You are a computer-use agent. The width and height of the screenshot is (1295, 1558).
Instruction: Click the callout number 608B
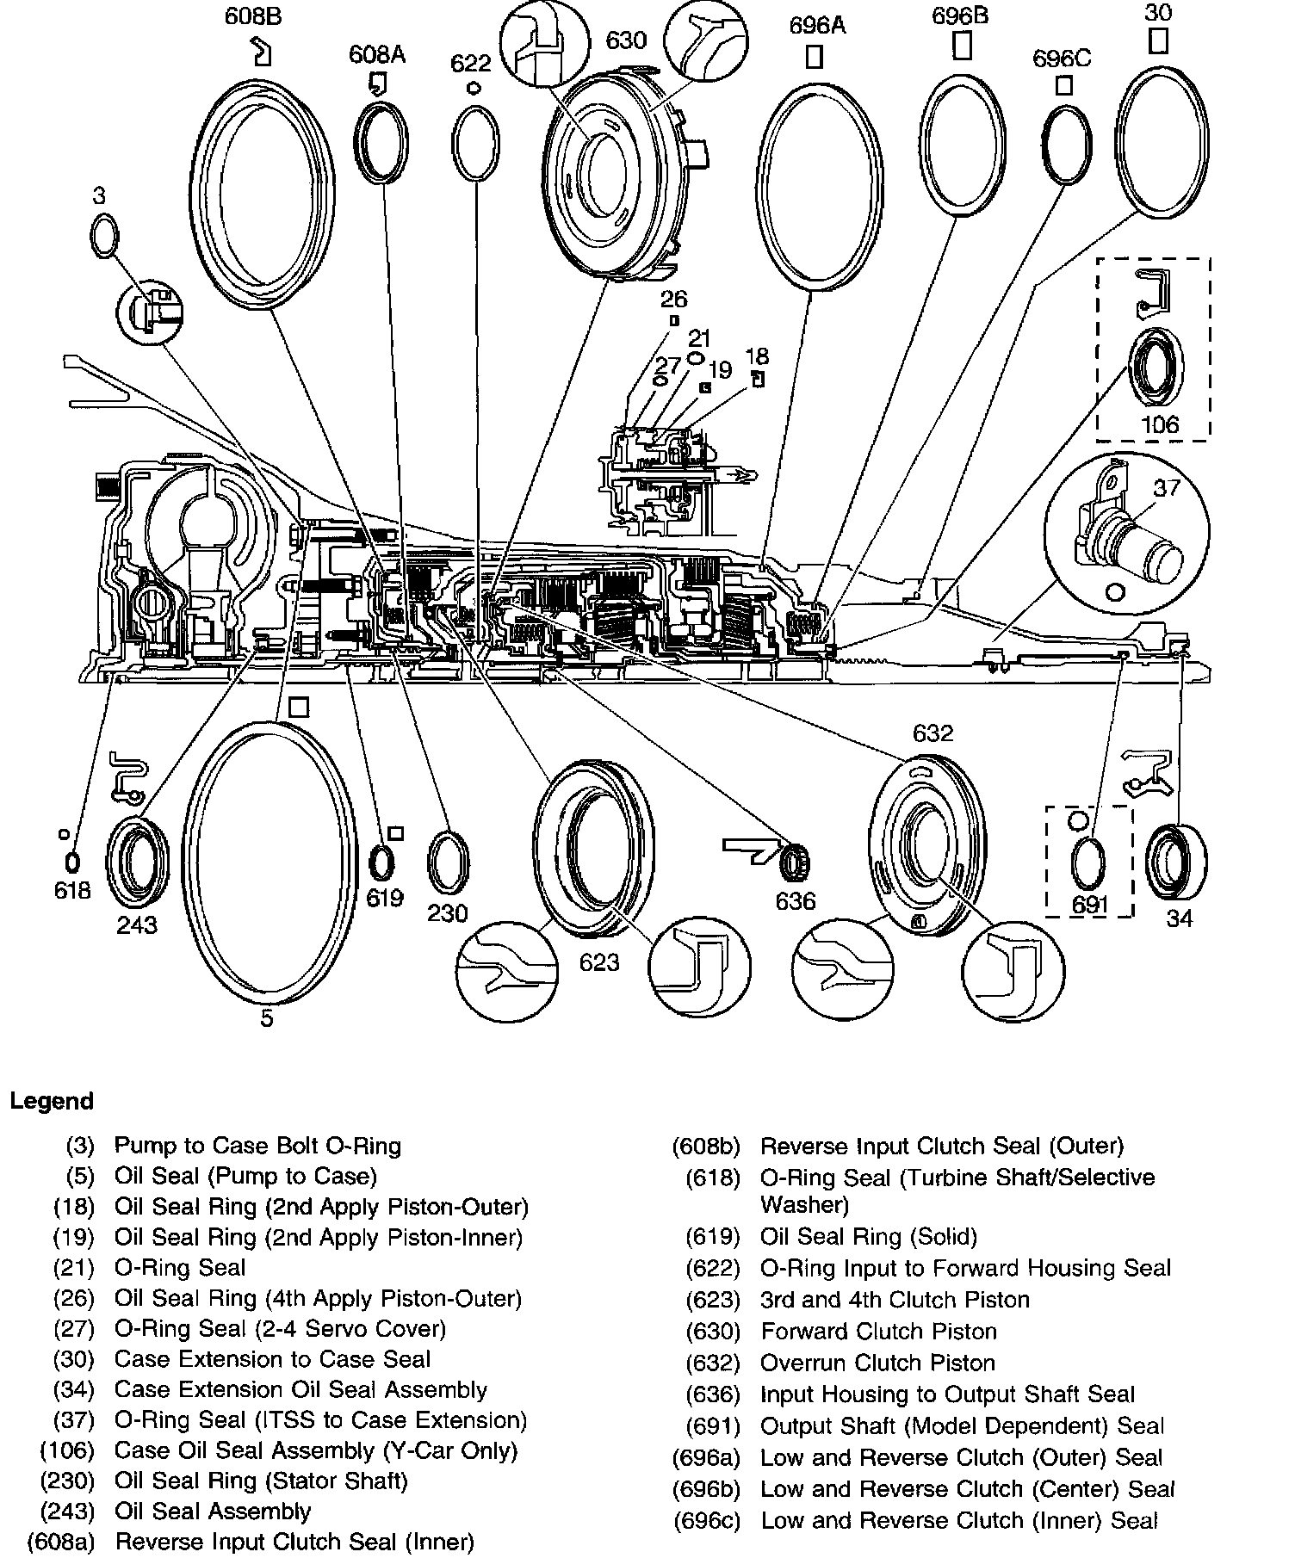tap(253, 16)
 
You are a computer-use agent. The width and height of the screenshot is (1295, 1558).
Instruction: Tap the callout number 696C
tap(1062, 59)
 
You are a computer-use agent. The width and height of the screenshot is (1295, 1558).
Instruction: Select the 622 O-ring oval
tap(475, 143)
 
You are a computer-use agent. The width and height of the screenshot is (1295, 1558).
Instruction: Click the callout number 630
tap(626, 40)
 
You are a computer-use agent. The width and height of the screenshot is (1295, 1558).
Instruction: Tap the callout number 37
tap(1167, 488)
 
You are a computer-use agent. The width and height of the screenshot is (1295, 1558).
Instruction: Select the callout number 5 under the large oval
tap(267, 1019)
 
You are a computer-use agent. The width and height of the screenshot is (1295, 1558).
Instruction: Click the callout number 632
tap(933, 733)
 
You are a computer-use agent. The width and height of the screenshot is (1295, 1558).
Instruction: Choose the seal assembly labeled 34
tap(1177, 863)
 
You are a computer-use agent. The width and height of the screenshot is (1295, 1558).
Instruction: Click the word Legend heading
tap(52, 1102)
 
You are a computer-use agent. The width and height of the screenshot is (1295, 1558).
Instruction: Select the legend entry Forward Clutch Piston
tap(878, 1332)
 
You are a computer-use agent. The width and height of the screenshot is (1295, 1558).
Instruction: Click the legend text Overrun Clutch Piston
tap(877, 1363)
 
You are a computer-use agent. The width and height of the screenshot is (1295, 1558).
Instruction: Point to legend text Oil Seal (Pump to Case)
tap(245, 1176)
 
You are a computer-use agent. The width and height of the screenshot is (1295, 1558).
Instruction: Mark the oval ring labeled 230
tap(448, 863)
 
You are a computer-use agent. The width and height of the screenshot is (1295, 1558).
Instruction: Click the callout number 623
tap(599, 961)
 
